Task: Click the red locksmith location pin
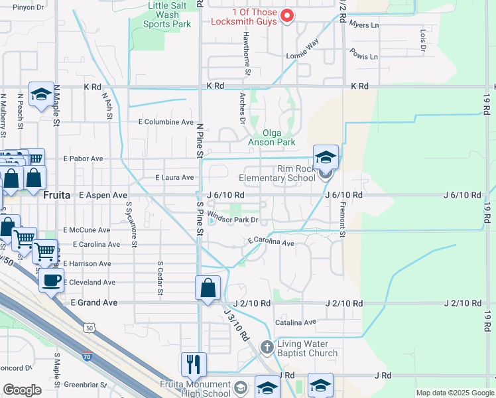tap(287, 15)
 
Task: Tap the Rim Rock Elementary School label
tap(277, 172)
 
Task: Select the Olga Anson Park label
tap(271, 137)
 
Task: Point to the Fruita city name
tap(56, 196)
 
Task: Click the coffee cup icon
tap(51, 279)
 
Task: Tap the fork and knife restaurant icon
tap(194, 364)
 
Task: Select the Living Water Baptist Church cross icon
tap(267, 347)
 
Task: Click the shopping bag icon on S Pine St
tap(208, 288)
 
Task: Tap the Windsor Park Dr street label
tap(232, 216)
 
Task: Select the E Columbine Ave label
tap(165, 122)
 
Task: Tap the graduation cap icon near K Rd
tap(41, 94)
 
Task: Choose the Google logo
tap(22, 390)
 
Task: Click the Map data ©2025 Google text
tap(454, 393)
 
